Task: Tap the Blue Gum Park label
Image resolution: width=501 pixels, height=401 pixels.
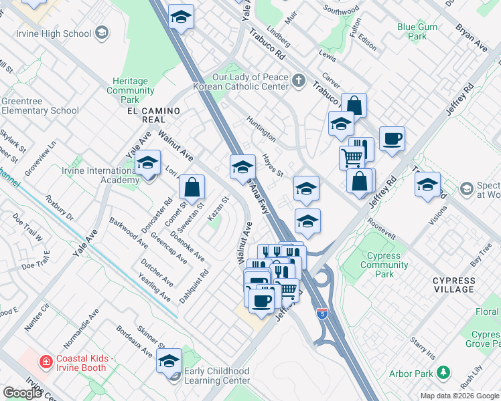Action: pos(417,31)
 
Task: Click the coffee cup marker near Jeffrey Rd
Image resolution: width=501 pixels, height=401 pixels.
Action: pos(392,139)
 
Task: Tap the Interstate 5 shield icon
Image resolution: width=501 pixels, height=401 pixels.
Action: pos(322,312)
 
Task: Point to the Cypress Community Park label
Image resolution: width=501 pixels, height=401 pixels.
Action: pos(383,265)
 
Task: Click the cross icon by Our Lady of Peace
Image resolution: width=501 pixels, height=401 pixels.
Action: pos(299,81)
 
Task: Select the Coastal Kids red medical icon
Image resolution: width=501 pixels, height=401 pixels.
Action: pos(46,362)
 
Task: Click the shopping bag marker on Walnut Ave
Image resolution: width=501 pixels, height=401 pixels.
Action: pos(192,188)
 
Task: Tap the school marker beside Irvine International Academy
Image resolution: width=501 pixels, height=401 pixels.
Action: pos(147,163)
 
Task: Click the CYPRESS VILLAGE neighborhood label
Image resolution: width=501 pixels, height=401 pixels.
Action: pos(463,284)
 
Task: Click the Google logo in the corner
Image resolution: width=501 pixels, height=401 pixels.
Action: pos(22,393)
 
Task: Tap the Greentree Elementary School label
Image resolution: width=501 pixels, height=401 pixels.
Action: pos(40,106)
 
